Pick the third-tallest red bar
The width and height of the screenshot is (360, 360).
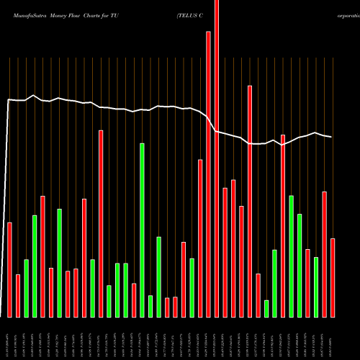pyautogui.click(x=250, y=202)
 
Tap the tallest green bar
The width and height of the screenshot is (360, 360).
pyautogui.click(x=142, y=230)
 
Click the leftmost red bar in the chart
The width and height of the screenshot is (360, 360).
pyautogui.click(x=9, y=270)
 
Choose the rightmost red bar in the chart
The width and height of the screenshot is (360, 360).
pyautogui.click(x=333, y=278)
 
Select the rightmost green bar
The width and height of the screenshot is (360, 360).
pyautogui.click(x=316, y=287)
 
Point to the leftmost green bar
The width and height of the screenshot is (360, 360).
pyautogui.click(x=26, y=288)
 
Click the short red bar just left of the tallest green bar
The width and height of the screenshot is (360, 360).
pyautogui.click(x=134, y=300)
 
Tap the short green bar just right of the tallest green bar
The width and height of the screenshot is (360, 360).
pyautogui.click(x=150, y=306)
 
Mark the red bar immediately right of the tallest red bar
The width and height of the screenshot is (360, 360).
pyautogui.click(x=225, y=252)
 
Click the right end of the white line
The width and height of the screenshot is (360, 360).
pyautogui.click(x=331, y=137)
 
